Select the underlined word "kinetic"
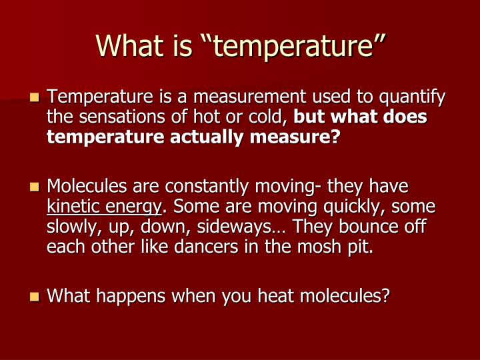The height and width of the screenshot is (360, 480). click(x=69, y=206)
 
